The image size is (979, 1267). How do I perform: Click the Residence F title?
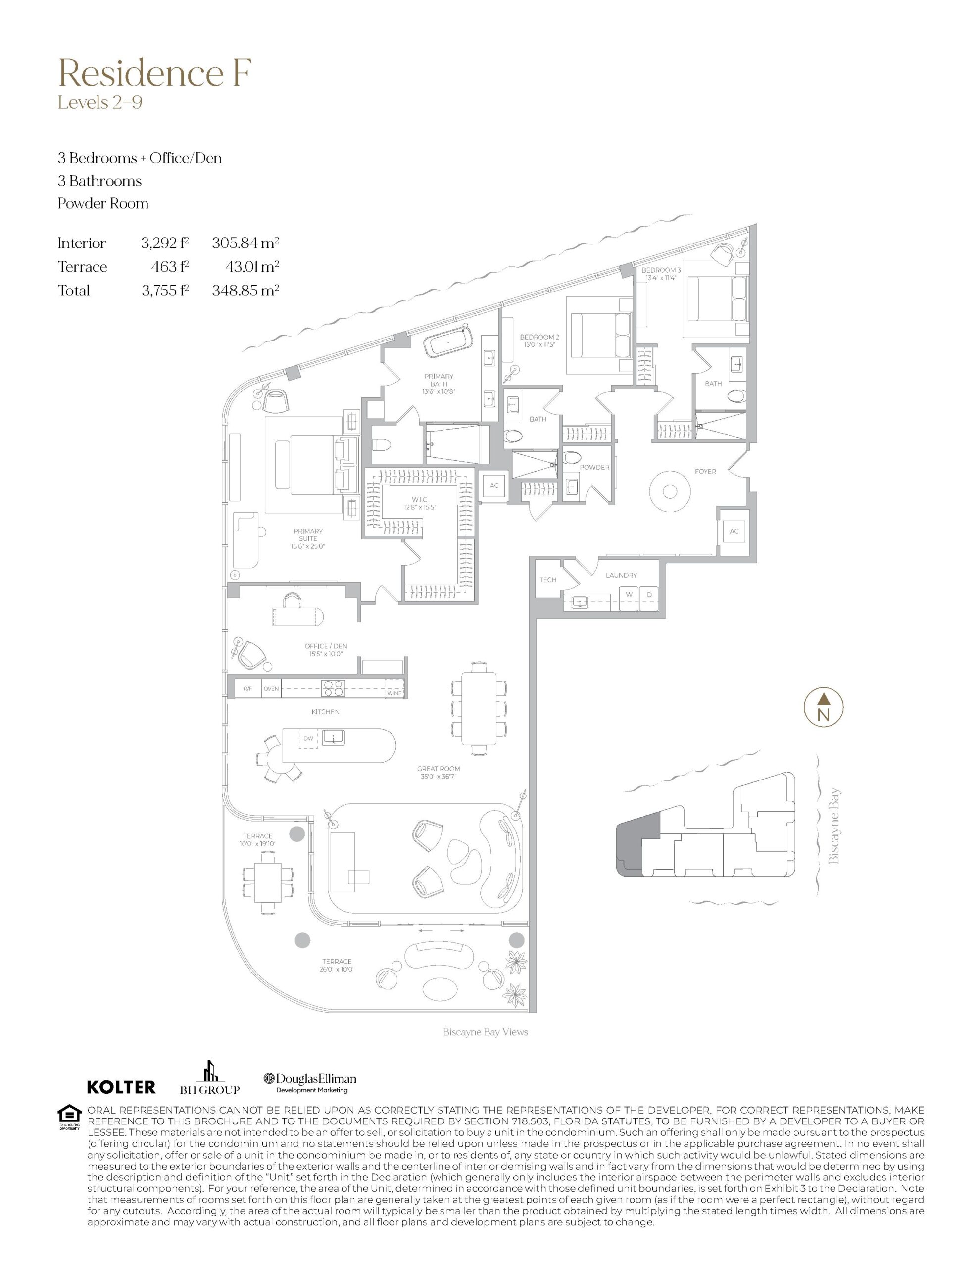click(154, 74)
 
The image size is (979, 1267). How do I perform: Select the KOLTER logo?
click(121, 1086)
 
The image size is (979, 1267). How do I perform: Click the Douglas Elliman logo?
click(310, 1082)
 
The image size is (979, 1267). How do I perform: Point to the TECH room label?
click(548, 579)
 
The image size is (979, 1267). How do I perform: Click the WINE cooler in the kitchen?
click(394, 693)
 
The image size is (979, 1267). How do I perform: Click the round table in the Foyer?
click(670, 491)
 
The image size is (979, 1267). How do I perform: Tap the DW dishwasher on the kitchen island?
click(308, 738)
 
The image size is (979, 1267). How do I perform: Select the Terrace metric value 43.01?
click(252, 266)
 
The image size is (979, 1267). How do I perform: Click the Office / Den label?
click(326, 646)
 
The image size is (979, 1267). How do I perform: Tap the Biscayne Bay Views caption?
click(485, 1032)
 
